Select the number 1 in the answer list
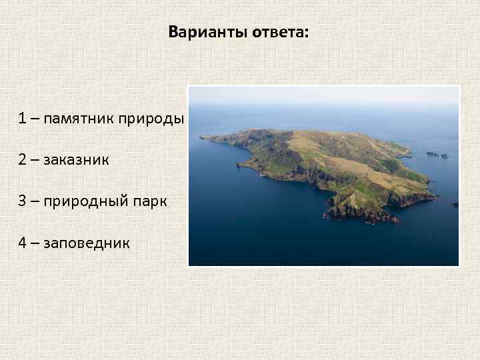coord(23,119)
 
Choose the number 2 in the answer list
coord(23,160)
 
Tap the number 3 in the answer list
coord(23,201)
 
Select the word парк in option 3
coord(150,202)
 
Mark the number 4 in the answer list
coord(23,243)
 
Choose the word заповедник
coord(87,243)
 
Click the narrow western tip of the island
coord(204,139)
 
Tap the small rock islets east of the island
coord(438,155)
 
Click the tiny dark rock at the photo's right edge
coord(455,205)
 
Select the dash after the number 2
coord(34,160)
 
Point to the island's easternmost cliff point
coord(433,197)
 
